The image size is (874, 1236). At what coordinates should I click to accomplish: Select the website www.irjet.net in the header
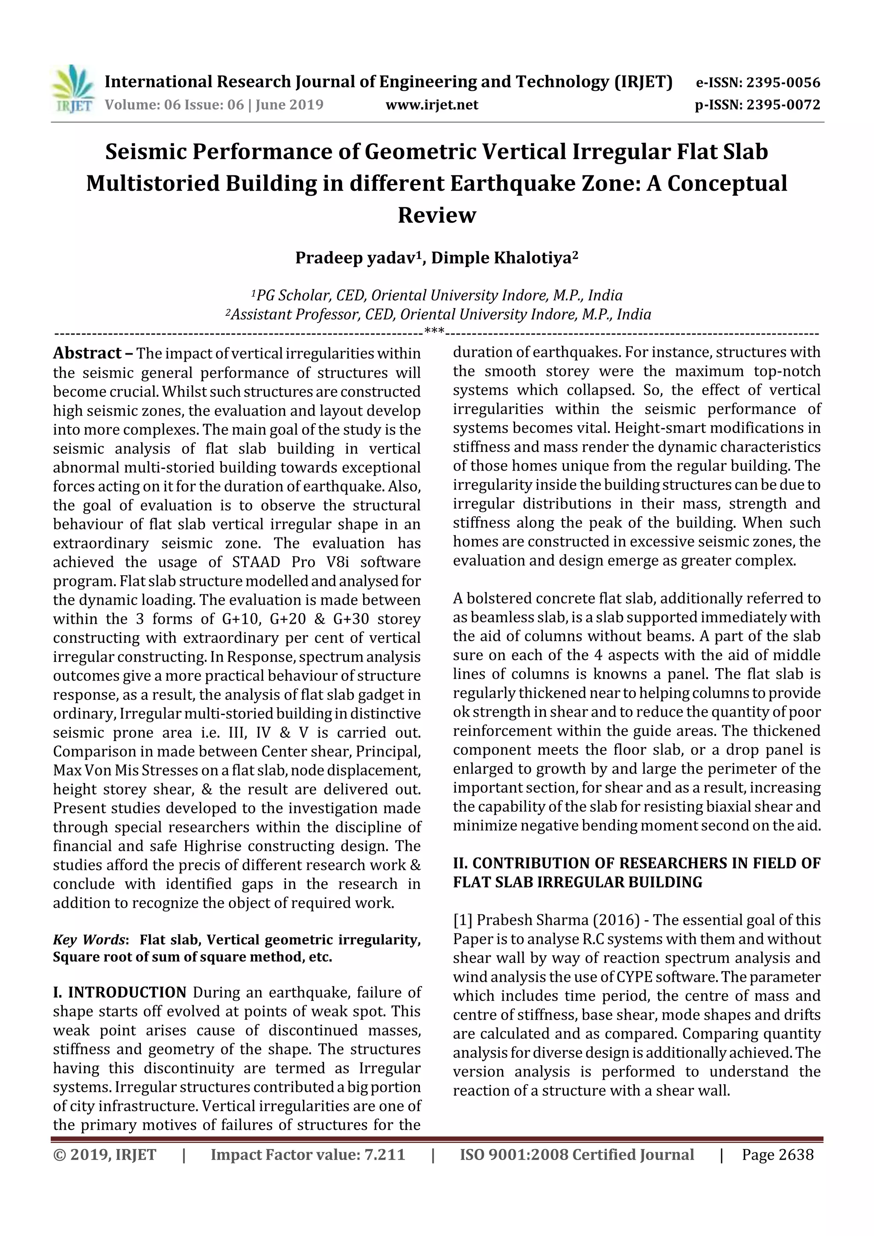432,105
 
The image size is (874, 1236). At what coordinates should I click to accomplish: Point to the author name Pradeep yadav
356,259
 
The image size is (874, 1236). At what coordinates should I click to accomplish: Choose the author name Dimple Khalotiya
501,259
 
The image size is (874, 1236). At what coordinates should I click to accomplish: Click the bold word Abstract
87,353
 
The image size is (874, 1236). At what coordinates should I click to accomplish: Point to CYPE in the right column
637,977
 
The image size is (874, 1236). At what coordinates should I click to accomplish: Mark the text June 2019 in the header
289,105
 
